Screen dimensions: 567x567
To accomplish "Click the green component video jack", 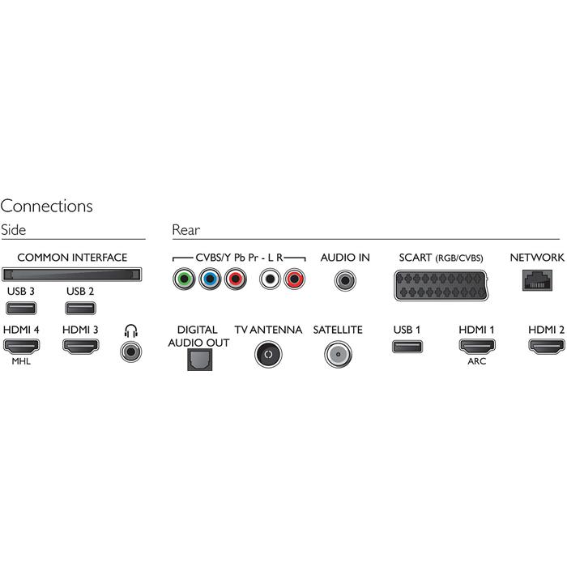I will click(x=185, y=281).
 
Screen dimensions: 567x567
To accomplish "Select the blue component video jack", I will click(x=211, y=281).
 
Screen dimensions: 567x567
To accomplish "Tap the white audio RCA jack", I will click(x=268, y=281).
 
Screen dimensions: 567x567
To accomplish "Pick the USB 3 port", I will click(x=19, y=308).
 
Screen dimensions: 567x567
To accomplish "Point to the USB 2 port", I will click(x=80, y=308).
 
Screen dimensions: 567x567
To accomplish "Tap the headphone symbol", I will click(x=130, y=330).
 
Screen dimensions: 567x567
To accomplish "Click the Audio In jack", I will click(x=345, y=281).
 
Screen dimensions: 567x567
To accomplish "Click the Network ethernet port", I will click(x=536, y=279).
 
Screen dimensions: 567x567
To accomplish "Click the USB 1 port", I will click(x=407, y=347).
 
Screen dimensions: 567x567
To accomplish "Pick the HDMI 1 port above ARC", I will click(x=476, y=347).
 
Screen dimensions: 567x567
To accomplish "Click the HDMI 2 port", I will click(x=545, y=347).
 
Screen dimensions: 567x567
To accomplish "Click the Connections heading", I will click(x=47, y=207).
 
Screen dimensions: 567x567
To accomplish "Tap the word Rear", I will click(x=185, y=230).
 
